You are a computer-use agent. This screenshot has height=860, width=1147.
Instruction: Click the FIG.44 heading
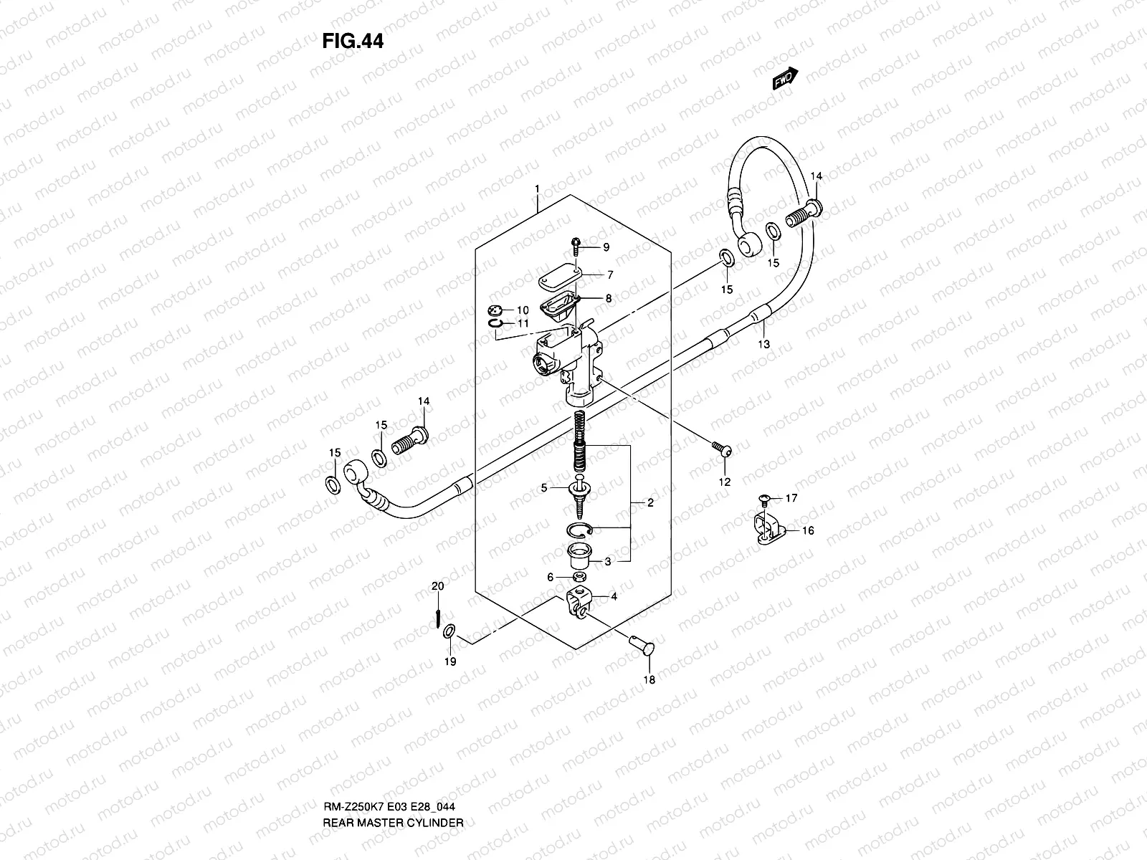pyautogui.click(x=353, y=42)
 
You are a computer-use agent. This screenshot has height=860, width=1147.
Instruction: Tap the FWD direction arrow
pyautogui.click(x=785, y=78)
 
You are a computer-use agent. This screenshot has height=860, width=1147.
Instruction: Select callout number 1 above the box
pyautogui.click(x=536, y=188)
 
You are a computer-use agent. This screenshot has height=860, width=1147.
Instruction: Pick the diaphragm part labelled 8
pyautogui.click(x=558, y=305)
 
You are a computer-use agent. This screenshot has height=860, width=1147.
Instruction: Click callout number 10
pyautogui.click(x=523, y=310)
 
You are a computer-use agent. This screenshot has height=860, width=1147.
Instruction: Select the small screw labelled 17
pyautogui.click(x=764, y=497)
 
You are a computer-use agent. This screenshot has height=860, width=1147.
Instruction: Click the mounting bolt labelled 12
pyautogui.click(x=722, y=450)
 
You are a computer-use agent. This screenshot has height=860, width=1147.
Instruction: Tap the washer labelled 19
pyautogui.click(x=449, y=631)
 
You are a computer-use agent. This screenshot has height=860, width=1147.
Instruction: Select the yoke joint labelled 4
pyautogui.click(x=579, y=601)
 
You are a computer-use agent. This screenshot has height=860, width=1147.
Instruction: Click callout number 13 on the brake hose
pyautogui.click(x=764, y=344)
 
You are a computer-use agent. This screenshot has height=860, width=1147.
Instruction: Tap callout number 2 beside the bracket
pyautogui.click(x=650, y=502)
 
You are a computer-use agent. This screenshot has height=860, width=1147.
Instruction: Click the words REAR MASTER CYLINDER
pyautogui.click(x=392, y=782)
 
